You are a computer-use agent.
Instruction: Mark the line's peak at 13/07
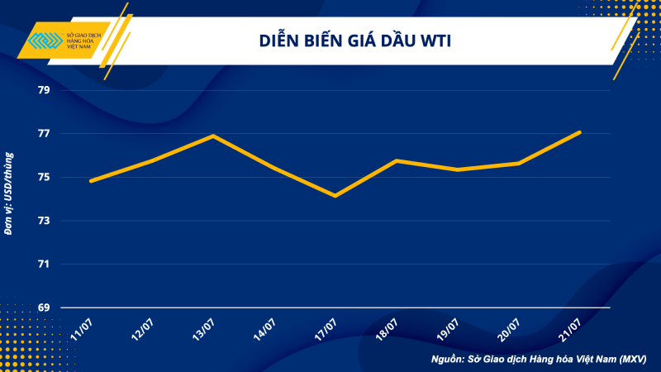point(214,136)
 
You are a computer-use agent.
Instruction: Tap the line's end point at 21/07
point(580,132)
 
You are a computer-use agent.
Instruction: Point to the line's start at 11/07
point(90,181)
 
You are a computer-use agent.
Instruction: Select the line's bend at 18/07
point(397,160)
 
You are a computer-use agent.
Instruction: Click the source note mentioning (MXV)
point(539,360)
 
